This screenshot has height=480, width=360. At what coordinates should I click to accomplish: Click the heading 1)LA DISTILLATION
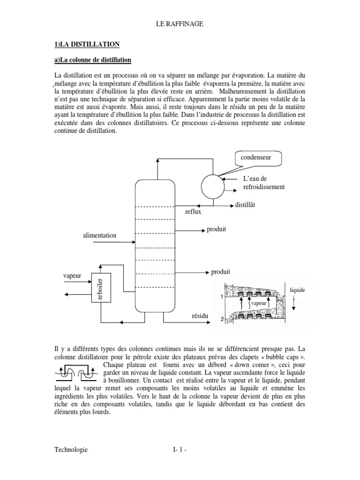[87, 44]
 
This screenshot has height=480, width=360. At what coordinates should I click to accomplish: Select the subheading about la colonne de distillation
[92, 60]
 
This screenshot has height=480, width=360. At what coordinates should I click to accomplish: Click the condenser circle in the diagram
[213, 180]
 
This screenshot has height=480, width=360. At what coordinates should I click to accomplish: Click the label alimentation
[99, 235]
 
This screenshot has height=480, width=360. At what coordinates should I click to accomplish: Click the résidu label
[199, 317]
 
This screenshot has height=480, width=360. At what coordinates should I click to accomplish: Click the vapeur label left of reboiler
[72, 276]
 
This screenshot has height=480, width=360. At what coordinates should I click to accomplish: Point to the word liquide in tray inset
[298, 290]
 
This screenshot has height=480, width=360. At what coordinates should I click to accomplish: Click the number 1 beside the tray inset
[221, 297]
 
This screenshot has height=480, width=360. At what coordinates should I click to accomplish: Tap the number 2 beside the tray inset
[221, 319]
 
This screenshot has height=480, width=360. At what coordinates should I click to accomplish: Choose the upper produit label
[217, 229]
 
